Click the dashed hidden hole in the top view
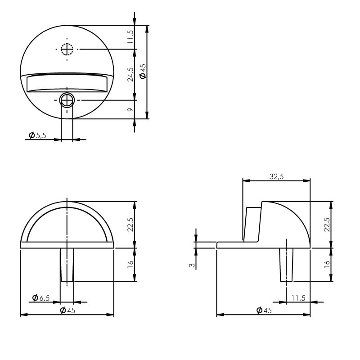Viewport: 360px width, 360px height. point(67,49)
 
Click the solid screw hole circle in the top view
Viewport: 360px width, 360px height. point(67,99)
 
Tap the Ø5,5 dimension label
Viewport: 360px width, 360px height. point(38,135)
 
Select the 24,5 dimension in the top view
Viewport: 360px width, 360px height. point(130,74)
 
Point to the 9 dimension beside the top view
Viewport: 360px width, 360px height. point(130,109)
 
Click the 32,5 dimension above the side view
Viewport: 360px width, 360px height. point(276,176)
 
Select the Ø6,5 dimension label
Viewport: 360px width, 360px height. point(41,297)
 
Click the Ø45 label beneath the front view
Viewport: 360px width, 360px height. point(67,310)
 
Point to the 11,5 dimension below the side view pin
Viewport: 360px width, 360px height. point(298,297)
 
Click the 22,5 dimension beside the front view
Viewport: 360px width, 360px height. point(130,224)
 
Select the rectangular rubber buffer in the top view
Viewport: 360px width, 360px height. point(67,83)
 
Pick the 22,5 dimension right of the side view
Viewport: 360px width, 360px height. point(327,224)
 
